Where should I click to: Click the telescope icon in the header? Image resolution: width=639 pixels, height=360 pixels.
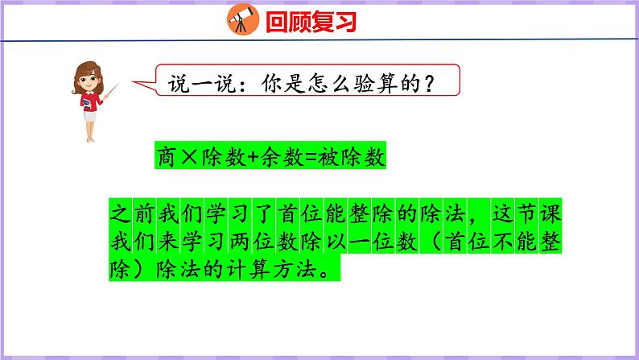pos(239,19)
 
